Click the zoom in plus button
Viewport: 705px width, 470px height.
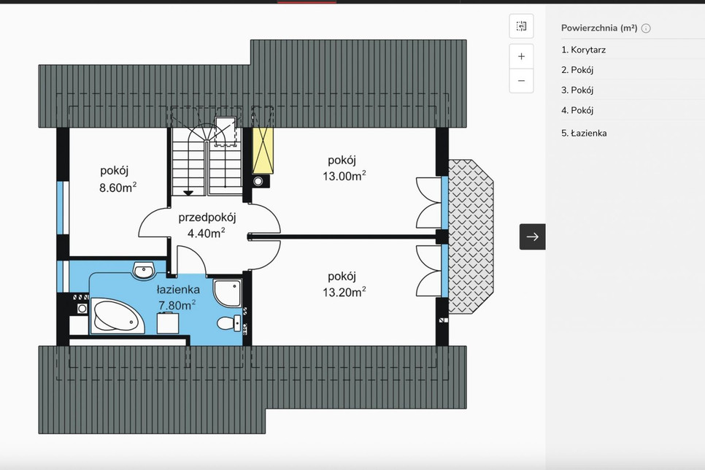click(521, 56)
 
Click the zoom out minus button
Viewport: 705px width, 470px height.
click(521, 81)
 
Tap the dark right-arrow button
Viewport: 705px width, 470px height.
click(532, 236)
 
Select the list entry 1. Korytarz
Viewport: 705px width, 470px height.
click(583, 50)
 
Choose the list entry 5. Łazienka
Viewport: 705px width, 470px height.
click(584, 133)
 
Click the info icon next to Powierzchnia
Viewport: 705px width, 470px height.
click(646, 28)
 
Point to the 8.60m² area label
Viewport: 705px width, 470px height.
click(117, 187)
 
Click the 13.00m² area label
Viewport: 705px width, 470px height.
click(344, 175)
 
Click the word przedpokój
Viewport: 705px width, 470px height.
click(207, 217)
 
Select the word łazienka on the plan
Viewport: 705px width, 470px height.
click(178, 290)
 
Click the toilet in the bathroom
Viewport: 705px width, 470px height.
click(229, 323)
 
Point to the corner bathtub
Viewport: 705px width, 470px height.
click(117, 317)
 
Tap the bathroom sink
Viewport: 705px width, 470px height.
click(144, 270)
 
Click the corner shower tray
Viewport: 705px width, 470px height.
click(228, 293)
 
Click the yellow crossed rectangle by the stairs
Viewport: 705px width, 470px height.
click(263, 150)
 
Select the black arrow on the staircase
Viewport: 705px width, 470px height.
click(188, 193)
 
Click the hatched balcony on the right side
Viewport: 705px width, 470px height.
click(471, 236)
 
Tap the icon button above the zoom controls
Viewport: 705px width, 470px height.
click(521, 26)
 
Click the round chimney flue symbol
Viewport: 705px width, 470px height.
click(258, 181)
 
